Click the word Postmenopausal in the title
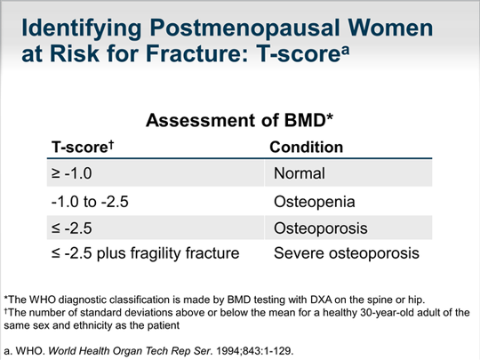(x=245, y=29)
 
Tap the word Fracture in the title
(x=196, y=53)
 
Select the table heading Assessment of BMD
(x=239, y=120)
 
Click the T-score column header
(x=83, y=147)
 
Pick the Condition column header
(x=306, y=147)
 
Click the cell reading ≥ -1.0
(x=72, y=173)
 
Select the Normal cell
(x=299, y=173)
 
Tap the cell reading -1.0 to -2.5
(x=90, y=202)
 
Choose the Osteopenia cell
(x=314, y=202)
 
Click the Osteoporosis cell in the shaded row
(x=321, y=228)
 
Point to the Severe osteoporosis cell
(x=347, y=253)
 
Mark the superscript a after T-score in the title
(x=345, y=50)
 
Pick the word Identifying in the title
(x=82, y=29)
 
